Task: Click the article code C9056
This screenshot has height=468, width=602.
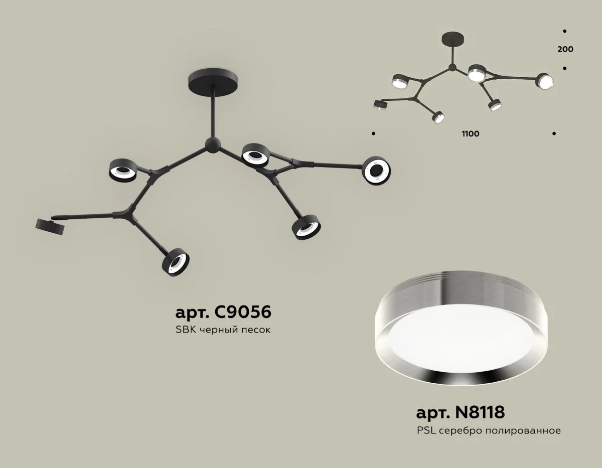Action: tap(243, 312)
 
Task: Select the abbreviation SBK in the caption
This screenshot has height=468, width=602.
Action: tap(186, 330)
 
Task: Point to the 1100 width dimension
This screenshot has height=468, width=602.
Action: tap(471, 134)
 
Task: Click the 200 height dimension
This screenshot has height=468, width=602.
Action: tap(565, 49)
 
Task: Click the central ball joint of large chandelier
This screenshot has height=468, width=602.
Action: tap(213, 144)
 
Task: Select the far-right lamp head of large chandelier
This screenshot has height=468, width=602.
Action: tap(376, 171)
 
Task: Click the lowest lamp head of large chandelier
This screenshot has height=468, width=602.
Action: tap(176, 262)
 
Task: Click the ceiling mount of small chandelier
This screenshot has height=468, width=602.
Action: tap(453, 39)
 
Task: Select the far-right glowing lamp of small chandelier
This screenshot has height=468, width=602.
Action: tap(545, 81)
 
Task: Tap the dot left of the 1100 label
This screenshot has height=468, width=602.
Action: tap(373, 133)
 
